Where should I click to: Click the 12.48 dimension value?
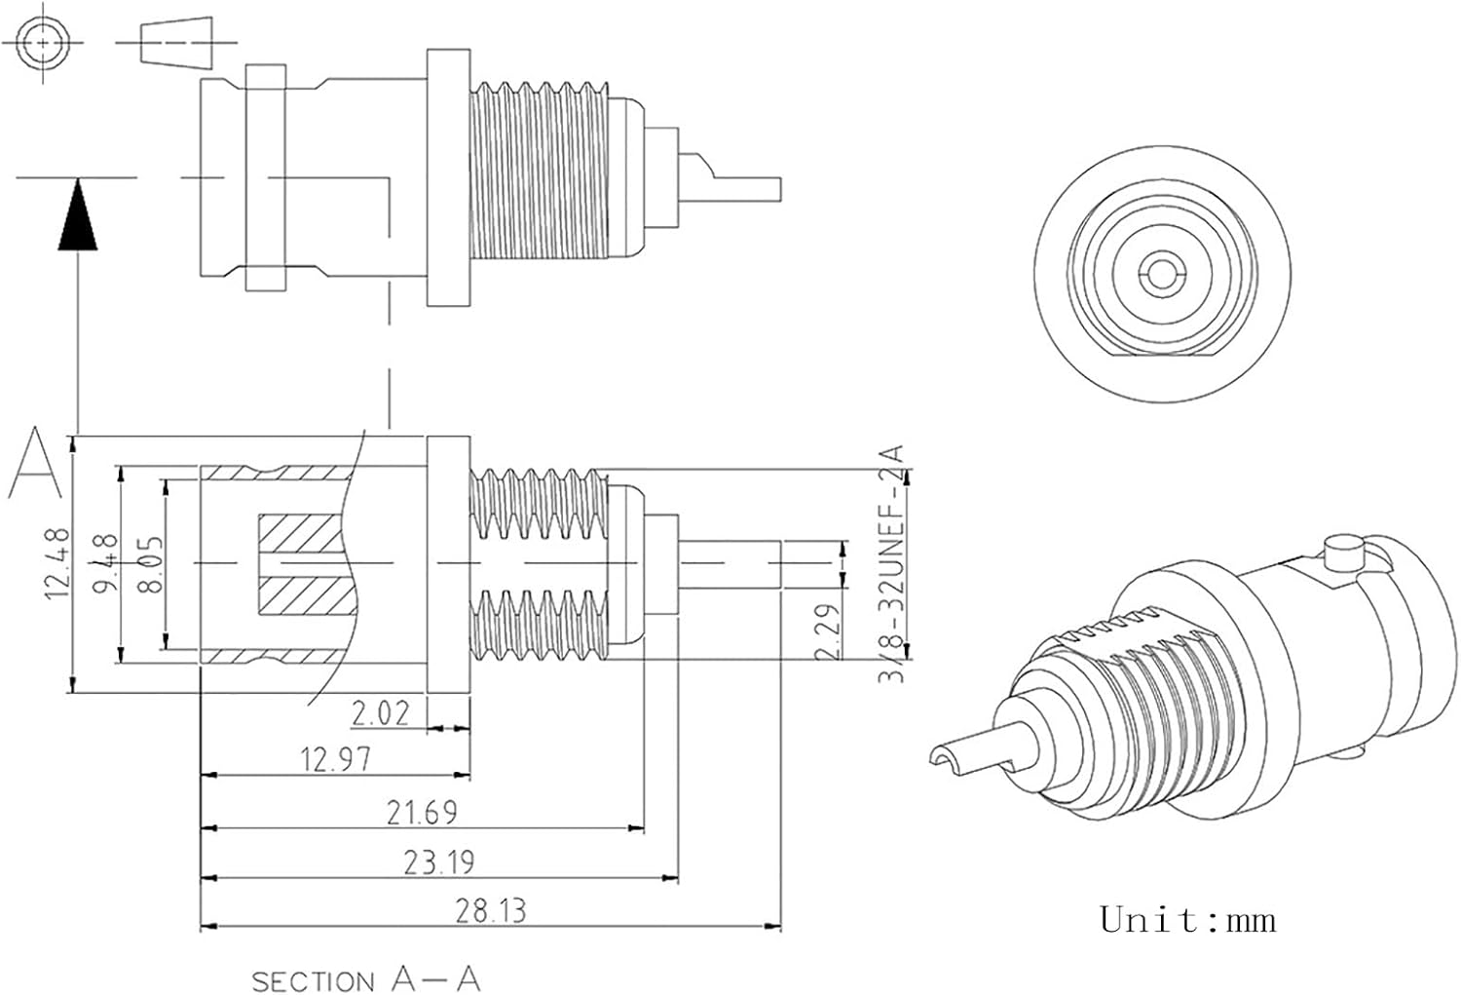click(x=56, y=562)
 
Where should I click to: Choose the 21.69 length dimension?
click(x=422, y=811)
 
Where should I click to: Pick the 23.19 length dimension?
click(x=439, y=862)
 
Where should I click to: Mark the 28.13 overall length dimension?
click(x=491, y=910)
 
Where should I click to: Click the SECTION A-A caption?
click(x=366, y=978)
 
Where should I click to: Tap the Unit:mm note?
click(x=1187, y=919)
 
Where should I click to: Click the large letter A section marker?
click(x=35, y=462)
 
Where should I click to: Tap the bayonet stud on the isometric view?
click(x=1343, y=554)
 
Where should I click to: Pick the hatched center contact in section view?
click(x=299, y=564)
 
